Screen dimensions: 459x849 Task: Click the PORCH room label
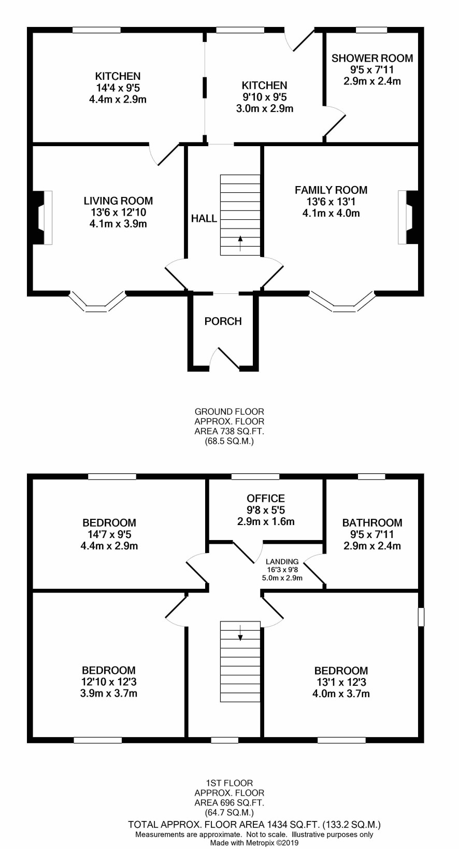pyautogui.click(x=223, y=321)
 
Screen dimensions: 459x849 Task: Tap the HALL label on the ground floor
pyautogui.click(x=204, y=218)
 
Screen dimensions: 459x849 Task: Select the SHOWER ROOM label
pyautogui.click(x=372, y=58)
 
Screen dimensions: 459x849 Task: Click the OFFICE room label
pyautogui.click(x=265, y=498)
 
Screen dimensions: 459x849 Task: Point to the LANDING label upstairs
pyautogui.click(x=282, y=561)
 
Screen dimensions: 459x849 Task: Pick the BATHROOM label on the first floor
pyautogui.click(x=372, y=522)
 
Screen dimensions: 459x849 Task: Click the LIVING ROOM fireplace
pyautogui.click(x=42, y=218)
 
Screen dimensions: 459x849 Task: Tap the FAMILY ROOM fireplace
pyautogui.click(x=408, y=217)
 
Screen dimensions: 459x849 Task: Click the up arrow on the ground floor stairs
pyautogui.click(x=240, y=243)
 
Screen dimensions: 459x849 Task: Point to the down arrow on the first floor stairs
pyautogui.click(x=240, y=632)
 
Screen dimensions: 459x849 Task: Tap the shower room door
pyautogui.click(x=335, y=121)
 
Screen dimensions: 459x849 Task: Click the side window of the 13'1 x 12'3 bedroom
pyautogui.click(x=421, y=617)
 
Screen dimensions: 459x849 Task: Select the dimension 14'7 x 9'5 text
pyautogui.click(x=109, y=534)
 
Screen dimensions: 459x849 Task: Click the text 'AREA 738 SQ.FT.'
pyautogui.click(x=229, y=431)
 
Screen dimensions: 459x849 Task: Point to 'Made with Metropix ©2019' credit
pyautogui.click(x=254, y=843)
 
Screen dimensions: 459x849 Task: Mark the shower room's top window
pyautogui.click(x=371, y=30)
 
